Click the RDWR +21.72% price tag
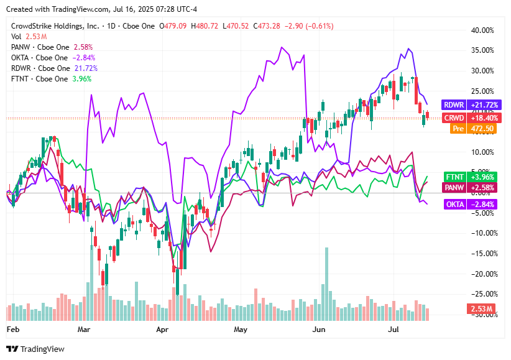[x=461, y=105]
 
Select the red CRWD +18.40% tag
[x=461, y=118]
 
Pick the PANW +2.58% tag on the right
[x=461, y=187]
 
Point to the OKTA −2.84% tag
[x=461, y=205]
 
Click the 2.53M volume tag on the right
[x=481, y=309]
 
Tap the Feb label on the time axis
[x=13, y=327]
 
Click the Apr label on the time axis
[x=163, y=327]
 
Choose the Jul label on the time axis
[x=394, y=327]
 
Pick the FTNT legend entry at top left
[x=40, y=79]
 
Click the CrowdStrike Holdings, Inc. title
[x=55, y=26]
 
